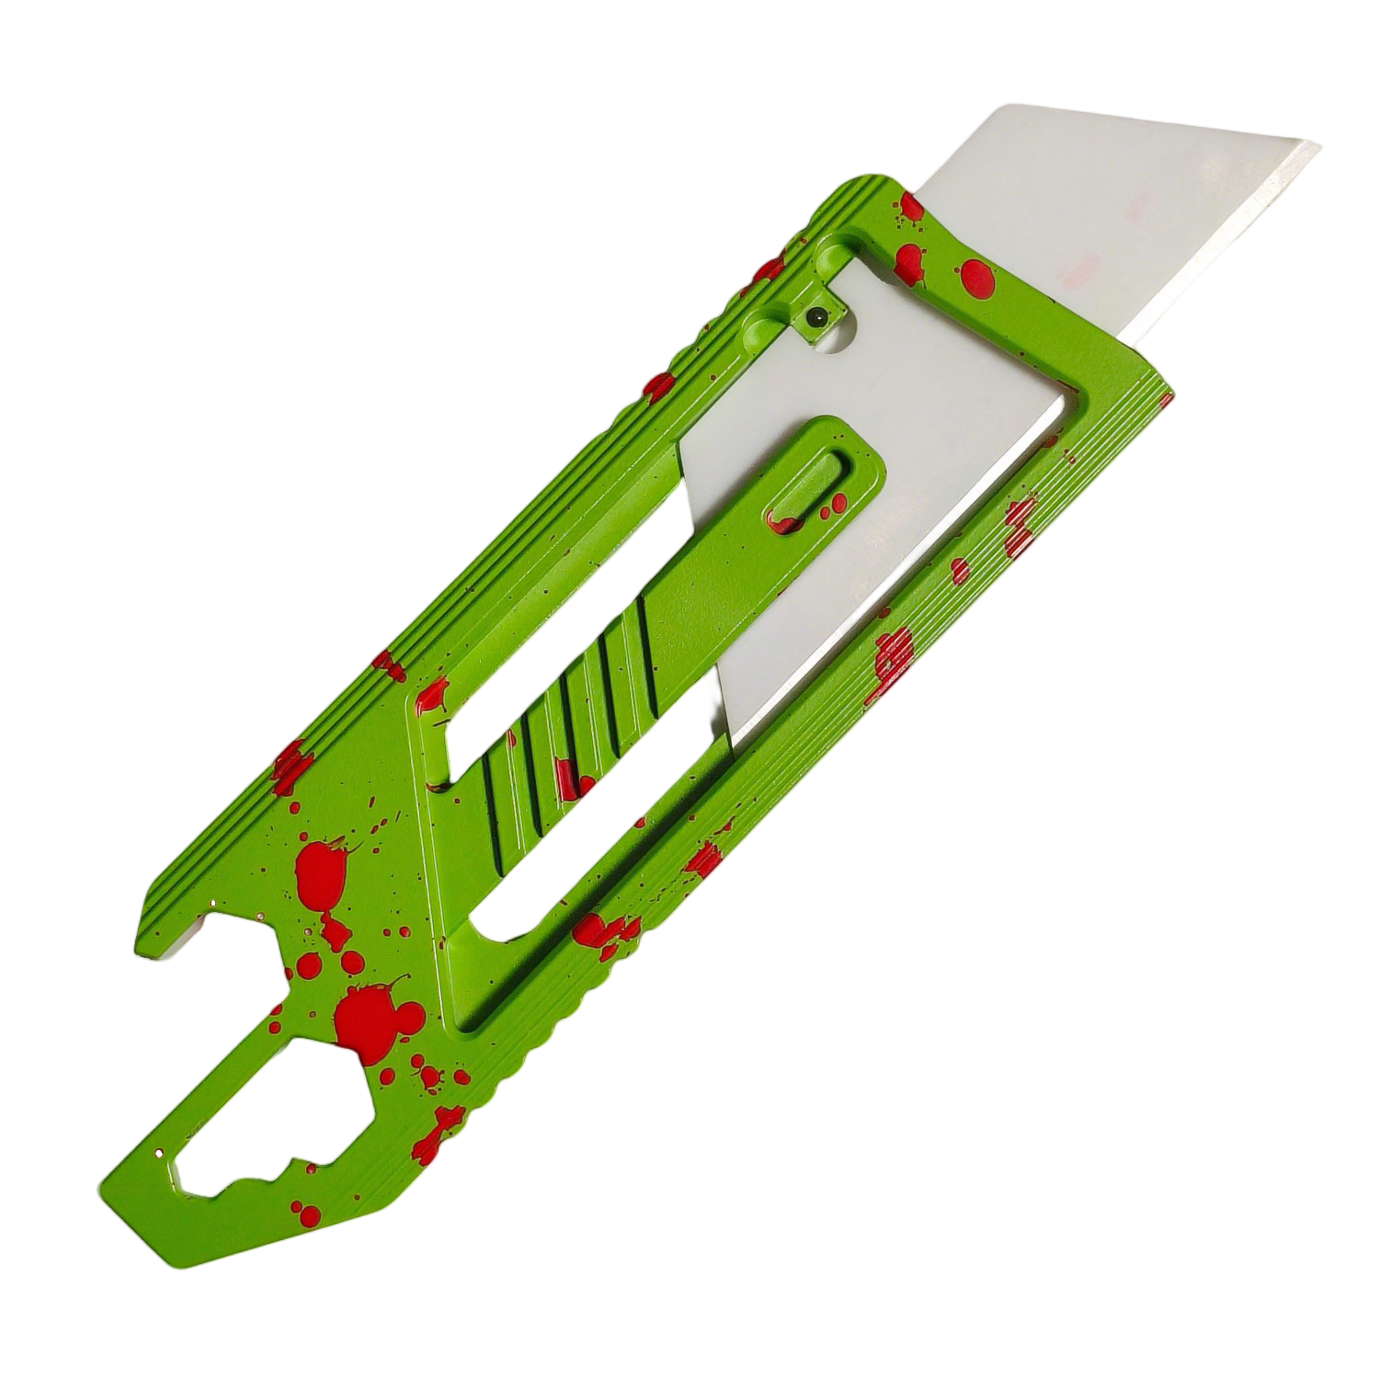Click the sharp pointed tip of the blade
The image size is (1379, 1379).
coord(1316,147)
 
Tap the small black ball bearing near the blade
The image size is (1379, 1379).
coord(815,316)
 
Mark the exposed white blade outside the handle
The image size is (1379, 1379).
coord(1103,221)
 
